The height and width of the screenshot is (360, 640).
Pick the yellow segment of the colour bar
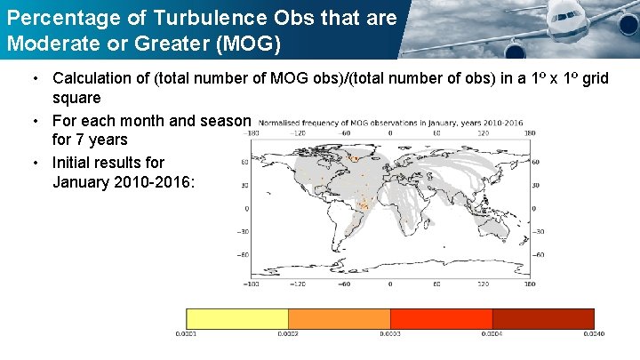(236, 318)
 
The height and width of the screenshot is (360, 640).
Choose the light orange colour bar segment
(339, 318)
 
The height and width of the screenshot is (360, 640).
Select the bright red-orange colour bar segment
(441, 318)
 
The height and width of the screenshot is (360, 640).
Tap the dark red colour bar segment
(543, 318)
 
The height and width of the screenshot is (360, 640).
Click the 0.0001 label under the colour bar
(186, 334)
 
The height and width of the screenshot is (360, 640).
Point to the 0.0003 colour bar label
(390, 334)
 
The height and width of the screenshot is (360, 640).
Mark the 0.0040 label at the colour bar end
(594, 334)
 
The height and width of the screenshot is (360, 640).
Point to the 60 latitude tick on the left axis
(244, 163)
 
